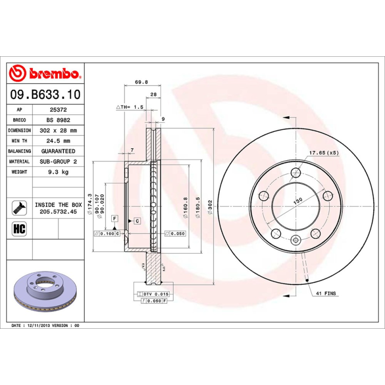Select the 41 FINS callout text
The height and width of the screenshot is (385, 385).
pos(326,293)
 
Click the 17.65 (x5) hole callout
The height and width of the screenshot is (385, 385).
pos(324,153)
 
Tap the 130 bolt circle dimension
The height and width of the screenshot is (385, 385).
pos(298,200)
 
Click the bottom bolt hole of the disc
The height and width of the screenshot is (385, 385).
pos(296,241)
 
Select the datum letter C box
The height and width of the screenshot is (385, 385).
pos(137,221)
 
